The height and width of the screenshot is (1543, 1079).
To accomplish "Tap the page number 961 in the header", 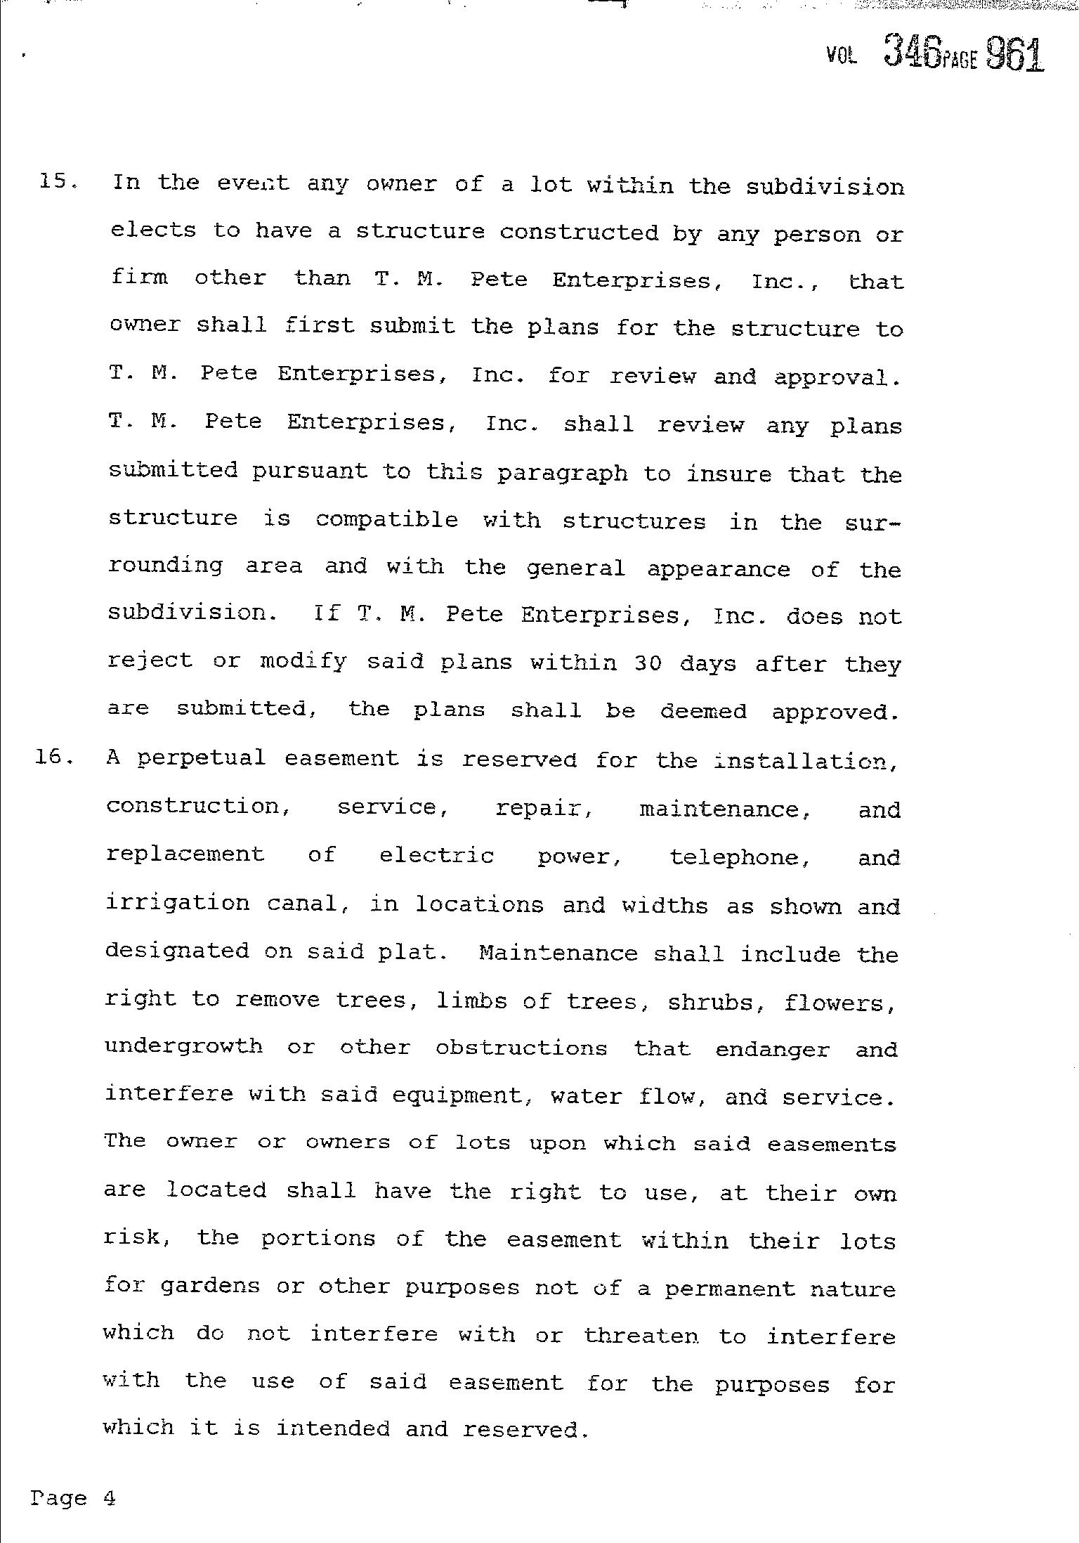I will point(1014,53).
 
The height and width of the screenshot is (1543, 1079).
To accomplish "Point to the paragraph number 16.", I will point(54,758).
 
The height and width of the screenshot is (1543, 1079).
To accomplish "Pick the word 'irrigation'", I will point(177,904).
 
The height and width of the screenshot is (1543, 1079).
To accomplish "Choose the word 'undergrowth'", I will point(184,1047).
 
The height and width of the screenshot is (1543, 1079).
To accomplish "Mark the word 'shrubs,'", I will point(716,1001).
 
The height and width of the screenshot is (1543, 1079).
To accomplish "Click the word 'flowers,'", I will point(840,1001).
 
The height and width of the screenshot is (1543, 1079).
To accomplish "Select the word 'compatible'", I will point(386,520).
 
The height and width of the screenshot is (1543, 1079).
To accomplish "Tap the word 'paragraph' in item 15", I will point(562,474).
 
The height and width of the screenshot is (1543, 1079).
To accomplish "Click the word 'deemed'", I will point(703,711).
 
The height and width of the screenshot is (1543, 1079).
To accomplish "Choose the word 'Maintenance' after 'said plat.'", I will point(558,953).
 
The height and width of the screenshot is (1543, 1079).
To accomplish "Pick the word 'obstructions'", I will point(521,1048).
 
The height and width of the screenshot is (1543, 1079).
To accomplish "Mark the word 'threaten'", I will point(641,1335).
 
